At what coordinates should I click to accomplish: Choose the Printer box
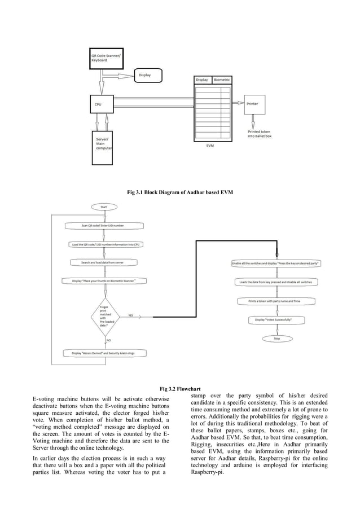pyautogui.click(x=253, y=104)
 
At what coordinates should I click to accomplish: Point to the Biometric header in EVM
pyautogui.click(x=222, y=80)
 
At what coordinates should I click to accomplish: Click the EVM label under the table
pyautogui.click(x=210, y=145)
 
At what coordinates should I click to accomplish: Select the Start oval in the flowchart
pyautogui.click(x=104, y=207)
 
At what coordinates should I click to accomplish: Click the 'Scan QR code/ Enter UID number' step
pyautogui.click(x=104, y=226)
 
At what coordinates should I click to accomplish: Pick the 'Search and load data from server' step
pyautogui.click(x=104, y=262)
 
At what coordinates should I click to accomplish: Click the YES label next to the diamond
pyautogui.click(x=130, y=315)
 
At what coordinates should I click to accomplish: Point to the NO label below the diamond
pyautogui.click(x=108, y=340)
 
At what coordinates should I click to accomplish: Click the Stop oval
pyautogui.click(x=276, y=339)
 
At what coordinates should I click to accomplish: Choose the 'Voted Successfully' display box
pyautogui.click(x=276, y=320)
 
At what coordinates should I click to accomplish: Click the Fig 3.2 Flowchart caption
pyautogui.click(x=180, y=389)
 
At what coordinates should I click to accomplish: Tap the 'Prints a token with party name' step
pyautogui.click(x=276, y=301)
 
